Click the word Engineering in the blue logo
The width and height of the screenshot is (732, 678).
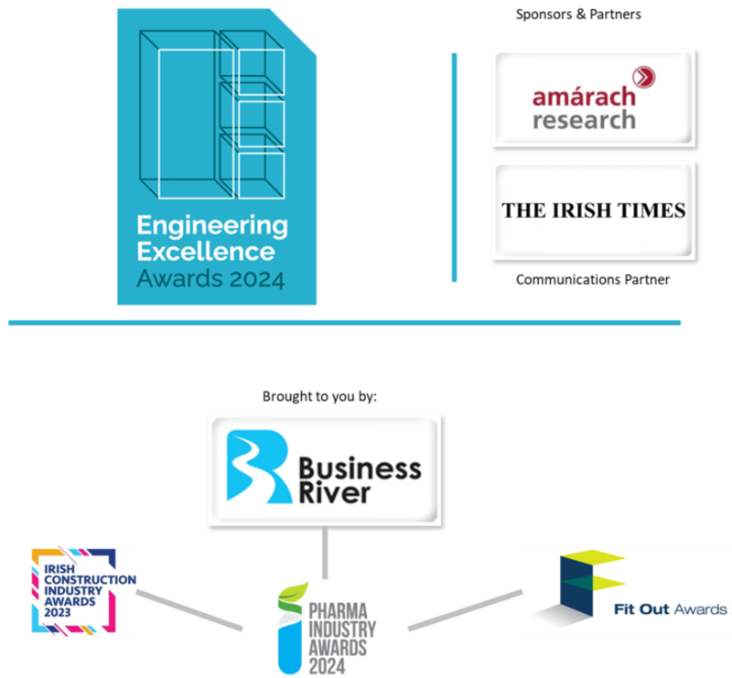[x=211, y=225]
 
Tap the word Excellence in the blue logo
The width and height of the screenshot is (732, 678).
[x=205, y=250]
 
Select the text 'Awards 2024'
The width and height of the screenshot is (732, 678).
[x=210, y=276]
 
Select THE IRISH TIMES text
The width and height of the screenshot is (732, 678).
[x=593, y=210]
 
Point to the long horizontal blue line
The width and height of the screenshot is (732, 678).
[x=344, y=322]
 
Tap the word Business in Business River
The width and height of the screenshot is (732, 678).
[x=360, y=470]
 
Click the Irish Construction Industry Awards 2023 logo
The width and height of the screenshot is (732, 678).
[x=83, y=590]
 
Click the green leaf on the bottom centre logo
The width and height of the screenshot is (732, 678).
[x=296, y=592]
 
